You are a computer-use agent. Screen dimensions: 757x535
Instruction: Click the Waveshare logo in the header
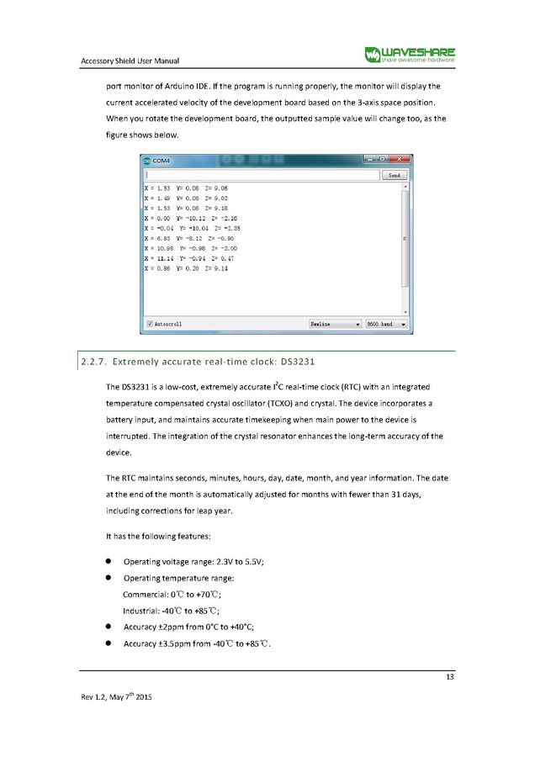tap(410, 55)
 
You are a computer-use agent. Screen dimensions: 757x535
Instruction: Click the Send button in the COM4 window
tap(393, 176)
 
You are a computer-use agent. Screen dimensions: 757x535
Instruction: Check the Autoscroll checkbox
tap(150, 323)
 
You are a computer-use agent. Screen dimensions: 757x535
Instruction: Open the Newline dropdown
tap(335, 323)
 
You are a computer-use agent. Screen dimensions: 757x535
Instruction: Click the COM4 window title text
tap(161, 161)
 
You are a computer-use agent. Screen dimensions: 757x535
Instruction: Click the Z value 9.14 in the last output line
tap(220, 269)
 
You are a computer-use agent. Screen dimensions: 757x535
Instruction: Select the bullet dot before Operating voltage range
tap(109, 562)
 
